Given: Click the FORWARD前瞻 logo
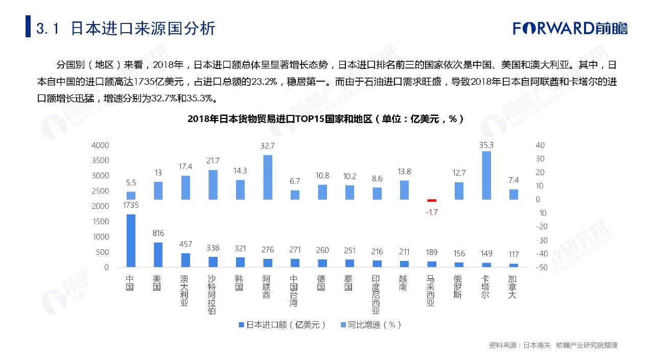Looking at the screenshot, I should coord(570,28).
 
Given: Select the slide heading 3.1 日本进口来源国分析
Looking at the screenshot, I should coord(126,28).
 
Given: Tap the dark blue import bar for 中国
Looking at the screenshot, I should coord(131,241).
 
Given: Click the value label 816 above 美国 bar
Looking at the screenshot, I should coord(158,233).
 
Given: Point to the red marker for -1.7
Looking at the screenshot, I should coord(432,200).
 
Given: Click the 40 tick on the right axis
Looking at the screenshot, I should coord(540,145).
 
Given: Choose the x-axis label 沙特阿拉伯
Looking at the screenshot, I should coord(212,295).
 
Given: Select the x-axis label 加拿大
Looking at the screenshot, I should coord(512,287).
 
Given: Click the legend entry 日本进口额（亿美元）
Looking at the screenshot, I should coord(282,325).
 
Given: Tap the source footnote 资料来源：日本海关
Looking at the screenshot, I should coord(520,345).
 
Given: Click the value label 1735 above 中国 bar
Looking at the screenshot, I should coord(131,205).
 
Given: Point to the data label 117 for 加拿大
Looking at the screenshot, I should coord(513,254).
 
